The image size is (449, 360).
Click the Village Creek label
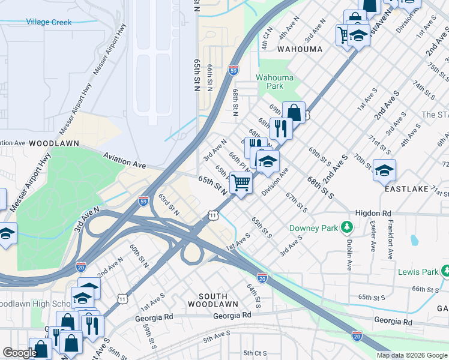click(49, 22)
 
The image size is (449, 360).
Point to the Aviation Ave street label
click(124, 160)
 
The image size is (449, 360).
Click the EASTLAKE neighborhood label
click(408, 188)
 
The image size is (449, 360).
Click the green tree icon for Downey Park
click(346, 227)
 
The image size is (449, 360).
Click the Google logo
click(20, 353)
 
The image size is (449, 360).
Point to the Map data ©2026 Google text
click(411, 355)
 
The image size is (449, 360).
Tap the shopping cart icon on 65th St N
click(241, 182)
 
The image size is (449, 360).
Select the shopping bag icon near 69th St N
click(294, 112)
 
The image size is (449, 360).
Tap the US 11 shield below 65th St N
click(212, 214)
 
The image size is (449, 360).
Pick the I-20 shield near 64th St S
click(262, 277)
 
